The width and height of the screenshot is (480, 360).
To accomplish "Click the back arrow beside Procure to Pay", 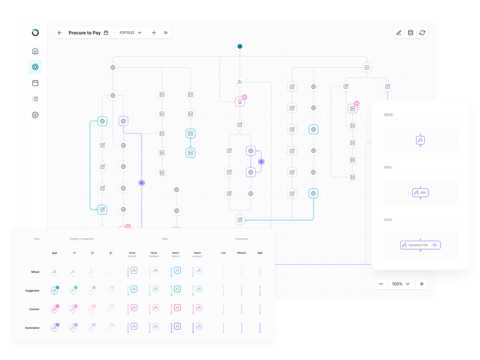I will [x=59, y=32].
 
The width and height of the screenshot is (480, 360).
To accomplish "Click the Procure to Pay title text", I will [x=84, y=33].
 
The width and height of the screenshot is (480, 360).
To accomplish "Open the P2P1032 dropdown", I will [x=130, y=33].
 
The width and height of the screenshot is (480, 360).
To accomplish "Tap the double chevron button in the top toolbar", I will [x=166, y=33].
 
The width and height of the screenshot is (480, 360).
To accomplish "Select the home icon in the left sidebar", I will [x=35, y=51].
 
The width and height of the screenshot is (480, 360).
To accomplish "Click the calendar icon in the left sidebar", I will [x=35, y=83].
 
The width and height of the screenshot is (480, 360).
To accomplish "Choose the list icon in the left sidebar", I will [x=35, y=99].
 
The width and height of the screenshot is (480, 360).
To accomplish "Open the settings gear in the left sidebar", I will [x=35, y=115].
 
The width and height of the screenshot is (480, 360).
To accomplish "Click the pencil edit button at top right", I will [x=398, y=33].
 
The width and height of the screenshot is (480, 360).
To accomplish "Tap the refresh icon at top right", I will [x=422, y=33].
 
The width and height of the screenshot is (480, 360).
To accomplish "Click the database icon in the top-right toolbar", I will [x=410, y=33].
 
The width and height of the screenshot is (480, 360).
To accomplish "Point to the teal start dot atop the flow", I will [x=240, y=46].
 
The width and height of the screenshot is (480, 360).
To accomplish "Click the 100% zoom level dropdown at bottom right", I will [x=401, y=283].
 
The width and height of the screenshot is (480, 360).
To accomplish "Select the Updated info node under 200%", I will [x=421, y=245].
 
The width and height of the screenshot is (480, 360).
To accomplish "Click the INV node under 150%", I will [x=421, y=193].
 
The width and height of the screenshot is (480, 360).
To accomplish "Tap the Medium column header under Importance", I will [x=241, y=253].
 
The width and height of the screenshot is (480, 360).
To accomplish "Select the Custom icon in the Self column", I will [x=55, y=310].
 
